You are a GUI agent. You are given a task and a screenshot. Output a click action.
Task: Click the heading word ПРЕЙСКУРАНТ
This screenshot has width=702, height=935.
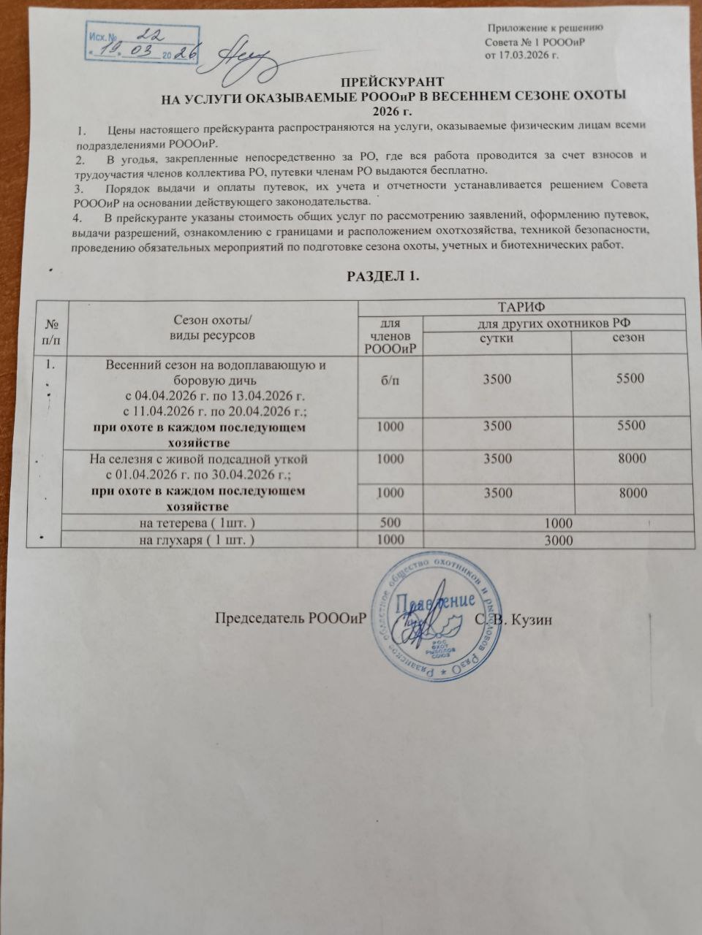click(389, 83)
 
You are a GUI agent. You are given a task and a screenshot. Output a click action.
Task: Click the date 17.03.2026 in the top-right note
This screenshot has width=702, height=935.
click(522, 55)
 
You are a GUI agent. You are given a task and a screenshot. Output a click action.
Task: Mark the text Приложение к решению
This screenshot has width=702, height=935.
click(546, 28)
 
